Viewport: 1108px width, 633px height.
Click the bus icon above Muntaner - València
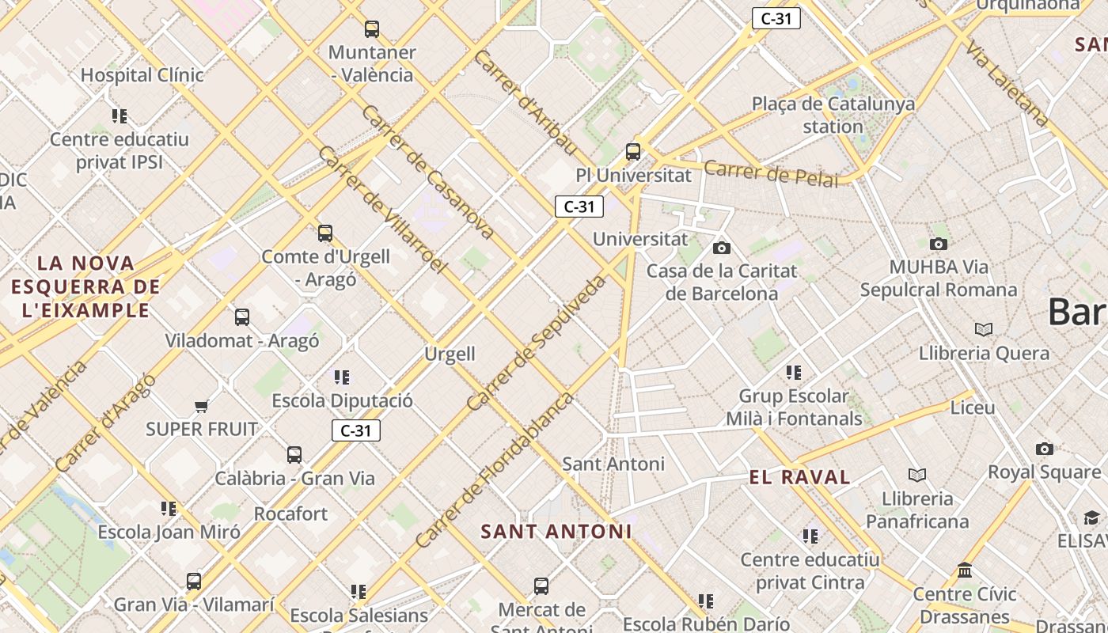(372, 29)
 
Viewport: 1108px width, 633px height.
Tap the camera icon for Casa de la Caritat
(721, 248)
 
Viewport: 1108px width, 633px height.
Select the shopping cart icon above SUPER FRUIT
(201, 407)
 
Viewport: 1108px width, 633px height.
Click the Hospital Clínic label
(142, 75)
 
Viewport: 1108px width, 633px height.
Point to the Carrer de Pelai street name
(770, 173)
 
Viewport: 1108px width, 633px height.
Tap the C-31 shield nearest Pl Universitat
(579, 207)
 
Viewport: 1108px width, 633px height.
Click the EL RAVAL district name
(799, 477)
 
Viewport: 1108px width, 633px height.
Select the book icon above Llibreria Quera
(984, 329)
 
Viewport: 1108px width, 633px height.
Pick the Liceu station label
(972, 407)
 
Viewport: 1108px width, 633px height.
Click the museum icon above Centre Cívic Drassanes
(965, 570)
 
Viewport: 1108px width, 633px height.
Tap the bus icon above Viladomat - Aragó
(242, 317)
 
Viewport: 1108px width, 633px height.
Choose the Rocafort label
(290, 514)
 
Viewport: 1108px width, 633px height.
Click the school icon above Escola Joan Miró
(169, 508)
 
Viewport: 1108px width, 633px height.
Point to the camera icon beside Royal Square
(1045, 449)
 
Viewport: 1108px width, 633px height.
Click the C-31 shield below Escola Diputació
(355, 430)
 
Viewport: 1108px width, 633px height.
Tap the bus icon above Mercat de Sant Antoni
(541, 586)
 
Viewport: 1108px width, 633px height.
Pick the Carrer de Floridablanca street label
(495, 469)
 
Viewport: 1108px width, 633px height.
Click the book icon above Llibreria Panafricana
(916, 475)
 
